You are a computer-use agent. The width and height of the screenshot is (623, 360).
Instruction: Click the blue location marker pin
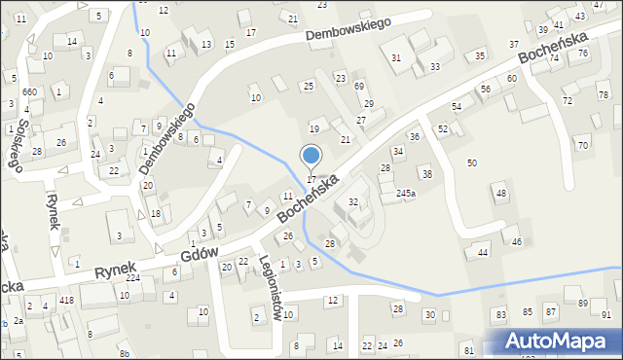coord(311,157)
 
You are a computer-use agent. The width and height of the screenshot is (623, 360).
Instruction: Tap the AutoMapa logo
coord(560,341)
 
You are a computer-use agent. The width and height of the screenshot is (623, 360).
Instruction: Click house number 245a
coord(406,194)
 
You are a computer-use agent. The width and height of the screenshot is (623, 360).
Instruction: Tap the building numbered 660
coord(29,91)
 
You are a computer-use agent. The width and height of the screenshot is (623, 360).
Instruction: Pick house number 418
coord(66,300)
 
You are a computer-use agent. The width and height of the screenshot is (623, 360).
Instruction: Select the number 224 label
coord(132,277)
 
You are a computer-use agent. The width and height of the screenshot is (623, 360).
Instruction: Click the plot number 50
coord(472,162)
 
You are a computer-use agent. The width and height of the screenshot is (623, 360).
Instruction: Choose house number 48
coord(501,194)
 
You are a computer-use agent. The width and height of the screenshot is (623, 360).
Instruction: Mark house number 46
coord(517,241)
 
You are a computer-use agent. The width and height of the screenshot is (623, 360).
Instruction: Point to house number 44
coord(482,252)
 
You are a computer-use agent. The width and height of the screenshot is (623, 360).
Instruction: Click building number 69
coord(358,87)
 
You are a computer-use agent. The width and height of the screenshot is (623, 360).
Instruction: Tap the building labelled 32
coord(353,202)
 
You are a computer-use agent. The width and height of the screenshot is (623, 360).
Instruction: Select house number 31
coord(396,58)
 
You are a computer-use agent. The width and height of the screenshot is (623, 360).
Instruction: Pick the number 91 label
coord(606,314)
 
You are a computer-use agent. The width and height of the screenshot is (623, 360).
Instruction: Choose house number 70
coord(582,145)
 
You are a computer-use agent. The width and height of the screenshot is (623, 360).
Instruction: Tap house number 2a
coord(18,320)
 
